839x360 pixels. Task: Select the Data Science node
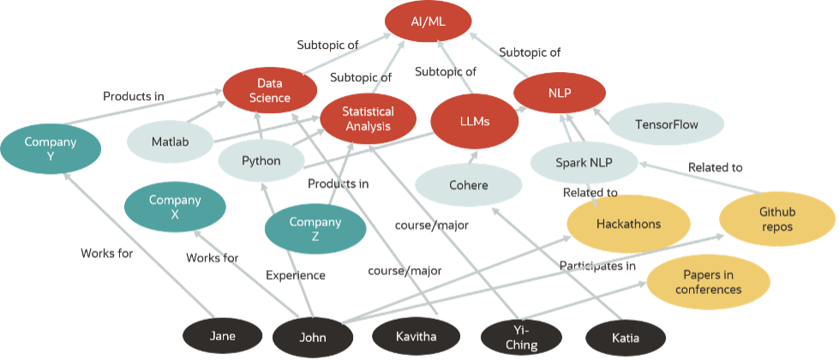pos(269,91)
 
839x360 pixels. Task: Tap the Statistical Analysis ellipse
pos(368,119)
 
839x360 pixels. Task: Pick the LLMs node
pos(474,122)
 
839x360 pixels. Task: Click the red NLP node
pos(559,92)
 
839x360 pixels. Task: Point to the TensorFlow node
pos(666,125)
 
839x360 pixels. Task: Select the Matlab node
pos(170,141)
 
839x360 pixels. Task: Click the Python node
pos(261,160)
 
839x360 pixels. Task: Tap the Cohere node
pos(468,185)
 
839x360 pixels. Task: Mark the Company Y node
pos(51,149)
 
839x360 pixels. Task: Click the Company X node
pos(175,207)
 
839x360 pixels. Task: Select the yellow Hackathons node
pos(628,224)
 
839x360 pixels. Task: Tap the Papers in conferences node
pos(707,282)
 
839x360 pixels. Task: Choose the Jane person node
pos(223,336)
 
